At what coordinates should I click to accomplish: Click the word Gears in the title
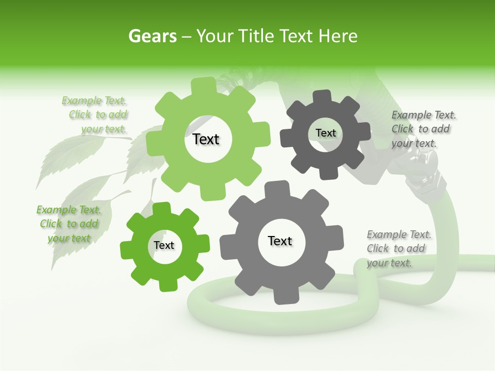[152, 36]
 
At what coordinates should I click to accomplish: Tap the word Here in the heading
[338, 36]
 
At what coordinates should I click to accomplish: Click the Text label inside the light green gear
[206, 139]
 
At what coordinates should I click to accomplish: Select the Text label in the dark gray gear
[325, 133]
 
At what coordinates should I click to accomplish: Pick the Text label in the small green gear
[164, 245]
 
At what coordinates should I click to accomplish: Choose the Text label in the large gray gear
[280, 241]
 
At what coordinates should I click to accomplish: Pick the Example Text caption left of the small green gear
[69, 224]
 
